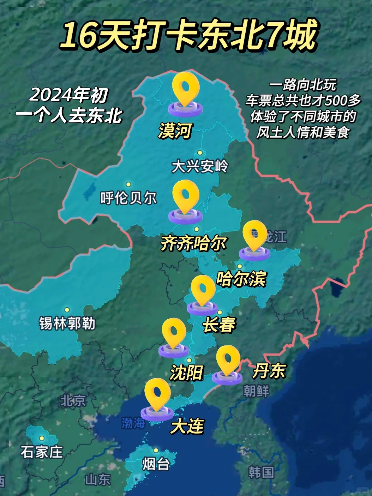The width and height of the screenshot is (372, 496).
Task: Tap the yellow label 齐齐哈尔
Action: [193, 243]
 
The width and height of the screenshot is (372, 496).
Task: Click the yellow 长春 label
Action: [219, 325]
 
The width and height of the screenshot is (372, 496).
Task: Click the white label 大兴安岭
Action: [200, 166]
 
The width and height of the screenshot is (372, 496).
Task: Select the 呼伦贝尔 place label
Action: [128, 198]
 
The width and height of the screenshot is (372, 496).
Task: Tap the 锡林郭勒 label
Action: [67, 323]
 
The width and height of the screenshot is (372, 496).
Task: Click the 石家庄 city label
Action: [42, 452]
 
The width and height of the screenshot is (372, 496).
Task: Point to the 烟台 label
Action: [156, 464]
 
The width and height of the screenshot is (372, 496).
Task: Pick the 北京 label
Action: [73, 401]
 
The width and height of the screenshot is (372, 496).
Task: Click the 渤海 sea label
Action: [133, 423]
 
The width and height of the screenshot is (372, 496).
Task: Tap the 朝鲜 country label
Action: [256, 391]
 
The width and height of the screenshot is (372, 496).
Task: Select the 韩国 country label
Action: [261, 472]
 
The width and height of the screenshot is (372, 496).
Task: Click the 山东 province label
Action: [98, 479]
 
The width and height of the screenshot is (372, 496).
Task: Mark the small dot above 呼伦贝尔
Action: [128, 185]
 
